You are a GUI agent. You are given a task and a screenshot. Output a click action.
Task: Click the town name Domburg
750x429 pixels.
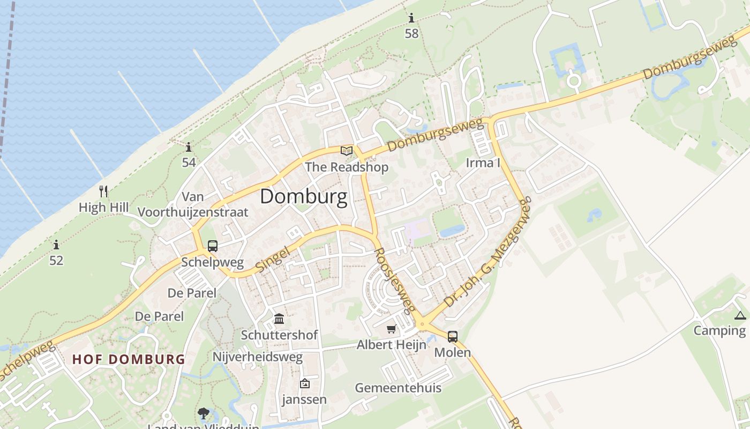pyautogui.click(x=303, y=197)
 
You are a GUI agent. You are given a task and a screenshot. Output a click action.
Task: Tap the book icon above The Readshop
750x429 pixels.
pyautogui.click(x=347, y=151)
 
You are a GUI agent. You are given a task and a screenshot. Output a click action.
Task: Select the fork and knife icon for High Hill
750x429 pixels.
pyautogui.click(x=103, y=191)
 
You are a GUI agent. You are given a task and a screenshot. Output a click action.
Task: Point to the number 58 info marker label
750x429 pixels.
pyautogui.click(x=411, y=33)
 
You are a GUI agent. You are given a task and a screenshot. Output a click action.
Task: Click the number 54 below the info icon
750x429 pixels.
pyautogui.click(x=189, y=162)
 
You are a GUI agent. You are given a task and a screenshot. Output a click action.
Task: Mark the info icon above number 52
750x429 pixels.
pyautogui.click(x=56, y=245)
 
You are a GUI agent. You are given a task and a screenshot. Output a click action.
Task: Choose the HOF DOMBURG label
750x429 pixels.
pyautogui.click(x=129, y=359)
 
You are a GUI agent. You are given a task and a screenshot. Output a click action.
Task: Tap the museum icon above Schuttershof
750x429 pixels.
pyautogui.click(x=279, y=319)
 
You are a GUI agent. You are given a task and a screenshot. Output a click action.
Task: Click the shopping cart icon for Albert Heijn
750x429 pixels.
pyautogui.click(x=392, y=329)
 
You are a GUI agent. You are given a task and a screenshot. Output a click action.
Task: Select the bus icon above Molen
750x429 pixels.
pyautogui.click(x=453, y=337)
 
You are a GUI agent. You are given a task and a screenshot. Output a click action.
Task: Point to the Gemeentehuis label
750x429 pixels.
pyautogui.click(x=398, y=388)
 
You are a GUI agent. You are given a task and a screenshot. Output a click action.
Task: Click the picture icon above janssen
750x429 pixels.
pyautogui.click(x=304, y=383)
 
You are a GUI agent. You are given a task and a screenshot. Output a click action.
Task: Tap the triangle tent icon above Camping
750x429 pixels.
pyautogui.click(x=740, y=315)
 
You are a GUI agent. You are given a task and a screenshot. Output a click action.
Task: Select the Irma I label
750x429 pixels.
pyautogui.click(x=483, y=162)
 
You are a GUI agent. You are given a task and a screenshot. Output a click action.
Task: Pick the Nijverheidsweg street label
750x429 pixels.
pyautogui.click(x=258, y=357)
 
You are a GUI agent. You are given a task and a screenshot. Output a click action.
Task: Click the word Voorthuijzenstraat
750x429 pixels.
pyautogui.click(x=193, y=212)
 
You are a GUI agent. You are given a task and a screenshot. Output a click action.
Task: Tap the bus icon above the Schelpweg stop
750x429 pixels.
pyautogui.click(x=213, y=246)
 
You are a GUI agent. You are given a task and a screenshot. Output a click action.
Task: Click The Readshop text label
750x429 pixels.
pyautogui.click(x=347, y=167)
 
